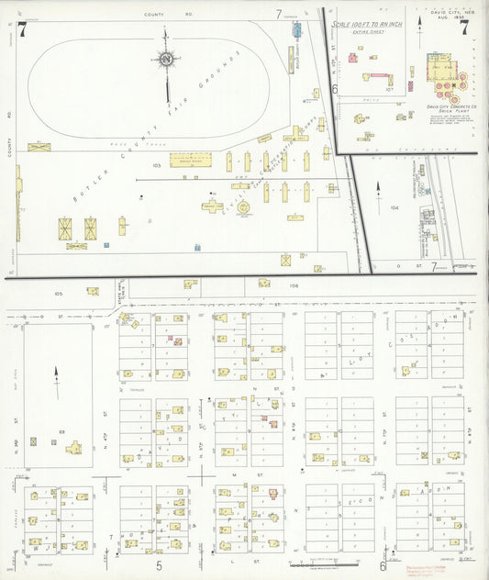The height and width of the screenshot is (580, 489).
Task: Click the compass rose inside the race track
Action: click(x=166, y=60)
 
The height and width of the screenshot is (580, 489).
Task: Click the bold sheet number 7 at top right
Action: click(x=464, y=28)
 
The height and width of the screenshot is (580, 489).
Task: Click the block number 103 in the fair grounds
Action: click(x=157, y=166)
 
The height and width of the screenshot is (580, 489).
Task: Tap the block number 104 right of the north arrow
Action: click(x=395, y=207)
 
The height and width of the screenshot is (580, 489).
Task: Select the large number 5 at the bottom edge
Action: click(x=158, y=565)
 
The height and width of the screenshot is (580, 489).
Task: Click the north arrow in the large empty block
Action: click(x=57, y=378)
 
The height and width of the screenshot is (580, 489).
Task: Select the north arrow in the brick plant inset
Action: click(x=379, y=195)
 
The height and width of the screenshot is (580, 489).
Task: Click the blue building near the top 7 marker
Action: click(x=297, y=29)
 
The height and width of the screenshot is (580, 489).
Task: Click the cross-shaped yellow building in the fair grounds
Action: click(x=212, y=206)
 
